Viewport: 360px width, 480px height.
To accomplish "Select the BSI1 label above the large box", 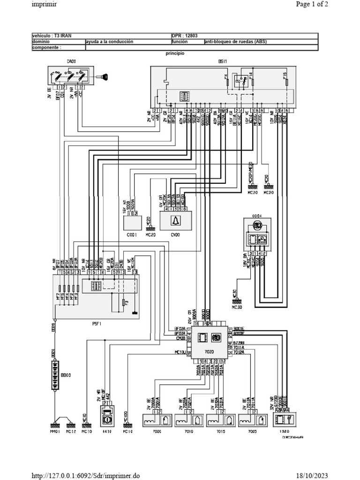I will pyautogui.click(x=222, y=61).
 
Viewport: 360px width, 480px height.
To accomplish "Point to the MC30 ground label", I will pyautogui.click(x=238, y=307).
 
